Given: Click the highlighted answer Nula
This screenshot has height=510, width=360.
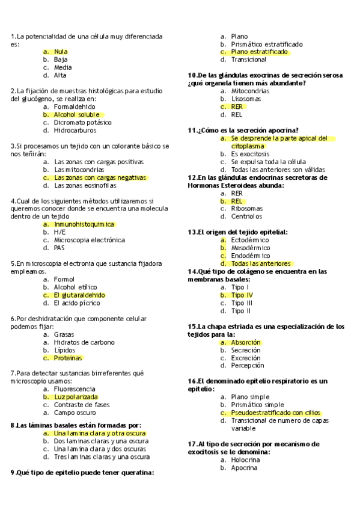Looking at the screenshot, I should pos(61,52).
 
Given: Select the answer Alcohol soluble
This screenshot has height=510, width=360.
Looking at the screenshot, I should pos(76,114).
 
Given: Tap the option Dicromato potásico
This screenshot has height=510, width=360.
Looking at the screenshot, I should pos(82,122).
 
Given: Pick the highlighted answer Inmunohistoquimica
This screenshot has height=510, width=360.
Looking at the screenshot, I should pos(84,224).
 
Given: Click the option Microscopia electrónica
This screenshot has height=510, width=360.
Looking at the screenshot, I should pos(89,240).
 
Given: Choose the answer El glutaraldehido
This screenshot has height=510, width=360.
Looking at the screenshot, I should pos(79,295).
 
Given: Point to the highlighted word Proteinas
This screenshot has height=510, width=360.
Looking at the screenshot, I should pos(67,358).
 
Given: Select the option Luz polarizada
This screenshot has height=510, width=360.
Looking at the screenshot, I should pos(75,397).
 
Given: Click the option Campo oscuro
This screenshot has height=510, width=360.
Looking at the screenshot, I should pos(74,413).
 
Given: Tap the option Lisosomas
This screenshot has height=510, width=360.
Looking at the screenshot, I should pos(246,99).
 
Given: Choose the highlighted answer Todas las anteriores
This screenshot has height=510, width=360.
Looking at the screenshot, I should pos(261,263).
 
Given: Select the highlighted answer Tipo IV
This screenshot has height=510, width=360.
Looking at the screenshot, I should pos(242,295).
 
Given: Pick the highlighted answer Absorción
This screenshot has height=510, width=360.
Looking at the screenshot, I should pos(246,342).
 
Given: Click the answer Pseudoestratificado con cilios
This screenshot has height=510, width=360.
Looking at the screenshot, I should pos(275,413).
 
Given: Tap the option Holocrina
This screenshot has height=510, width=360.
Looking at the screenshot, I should pos(245,459).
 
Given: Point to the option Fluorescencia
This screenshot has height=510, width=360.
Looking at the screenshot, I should pos(75,389).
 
